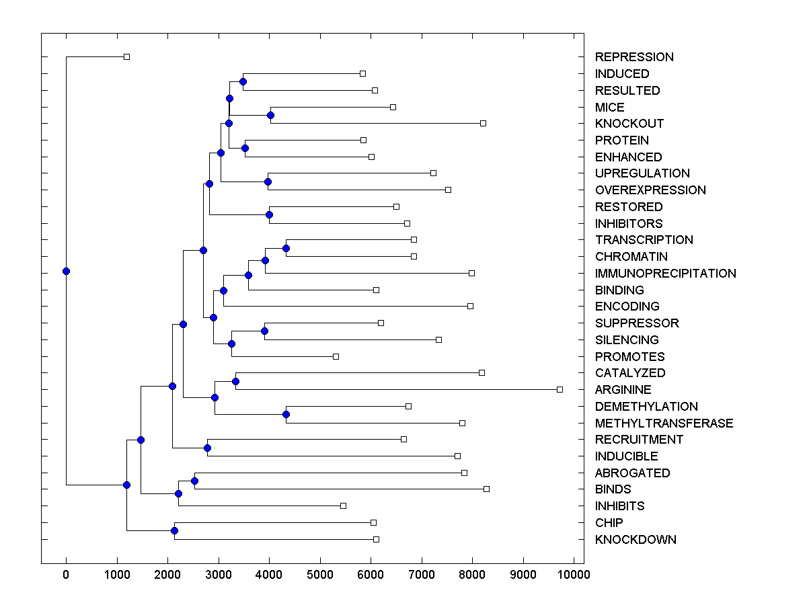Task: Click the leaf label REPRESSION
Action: [633, 57]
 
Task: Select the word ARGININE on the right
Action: [623, 390]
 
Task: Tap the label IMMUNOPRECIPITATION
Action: [665, 274]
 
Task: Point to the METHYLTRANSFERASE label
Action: [664, 424]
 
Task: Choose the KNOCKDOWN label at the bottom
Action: [636, 540]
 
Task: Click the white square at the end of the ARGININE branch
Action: [560, 389]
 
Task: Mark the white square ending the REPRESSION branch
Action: [126, 56]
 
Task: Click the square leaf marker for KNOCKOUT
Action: [483, 123]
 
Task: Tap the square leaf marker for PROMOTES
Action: [336, 356]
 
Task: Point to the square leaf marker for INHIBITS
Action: [343, 506]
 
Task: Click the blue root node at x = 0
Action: [66, 271]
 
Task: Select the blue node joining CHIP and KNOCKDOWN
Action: [174, 531]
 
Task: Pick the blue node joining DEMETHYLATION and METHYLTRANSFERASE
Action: [286, 415]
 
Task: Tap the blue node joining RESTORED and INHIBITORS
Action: [269, 215]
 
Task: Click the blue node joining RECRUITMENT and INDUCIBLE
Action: [207, 448]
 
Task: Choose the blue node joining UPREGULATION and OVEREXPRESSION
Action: [268, 182]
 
